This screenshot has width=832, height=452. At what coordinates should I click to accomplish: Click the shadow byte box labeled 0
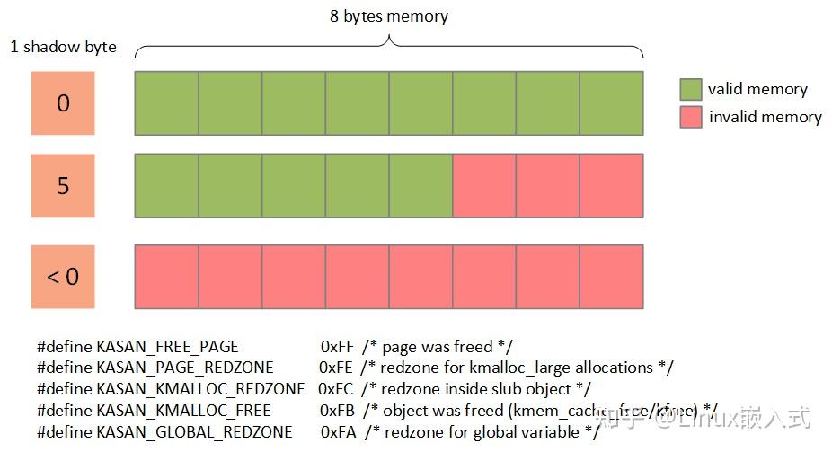(63, 103)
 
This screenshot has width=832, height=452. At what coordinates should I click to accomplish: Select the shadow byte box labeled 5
(63, 186)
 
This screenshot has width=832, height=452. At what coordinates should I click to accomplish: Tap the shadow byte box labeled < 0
(63, 276)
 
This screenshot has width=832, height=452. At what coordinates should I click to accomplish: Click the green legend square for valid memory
(690, 89)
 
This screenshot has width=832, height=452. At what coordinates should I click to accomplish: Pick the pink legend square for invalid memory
(690, 117)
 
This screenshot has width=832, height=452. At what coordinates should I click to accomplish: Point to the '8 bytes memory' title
(389, 16)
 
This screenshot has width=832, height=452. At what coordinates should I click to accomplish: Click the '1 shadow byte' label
(63, 47)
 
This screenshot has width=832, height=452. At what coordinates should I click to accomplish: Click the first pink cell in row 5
(484, 186)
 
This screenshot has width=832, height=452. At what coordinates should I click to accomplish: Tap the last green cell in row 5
(420, 186)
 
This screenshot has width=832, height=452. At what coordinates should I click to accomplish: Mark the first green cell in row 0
(166, 103)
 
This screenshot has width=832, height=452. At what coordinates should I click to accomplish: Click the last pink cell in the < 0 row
(611, 276)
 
